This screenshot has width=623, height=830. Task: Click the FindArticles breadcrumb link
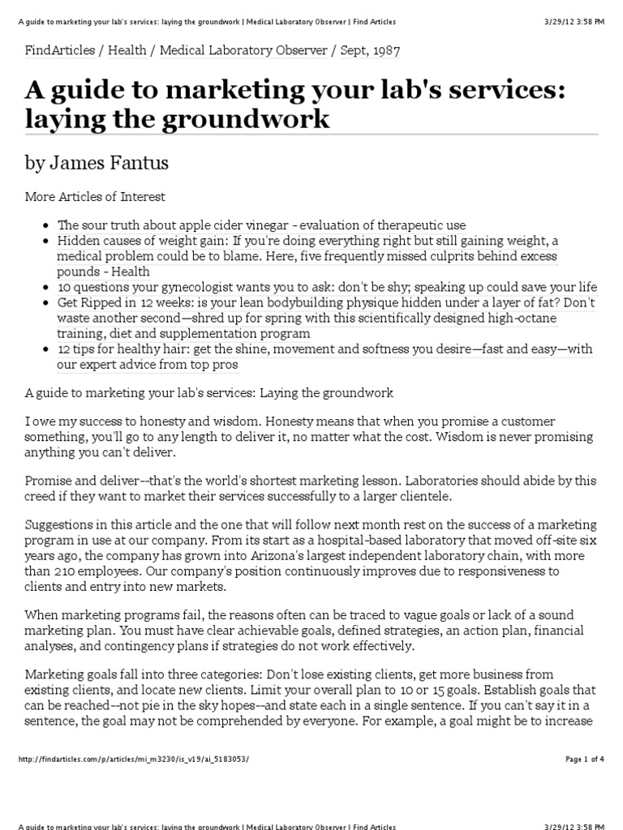point(58,50)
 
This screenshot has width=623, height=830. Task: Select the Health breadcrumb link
point(127,50)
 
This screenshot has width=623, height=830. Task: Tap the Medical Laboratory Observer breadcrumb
point(243,50)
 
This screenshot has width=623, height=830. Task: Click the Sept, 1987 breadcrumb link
point(370,50)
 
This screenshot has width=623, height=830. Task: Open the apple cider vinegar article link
point(261,225)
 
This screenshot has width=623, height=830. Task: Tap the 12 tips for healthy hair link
point(324,349)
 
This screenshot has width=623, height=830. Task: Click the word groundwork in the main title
point(252,118)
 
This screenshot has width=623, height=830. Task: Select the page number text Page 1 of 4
point(584,759)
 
